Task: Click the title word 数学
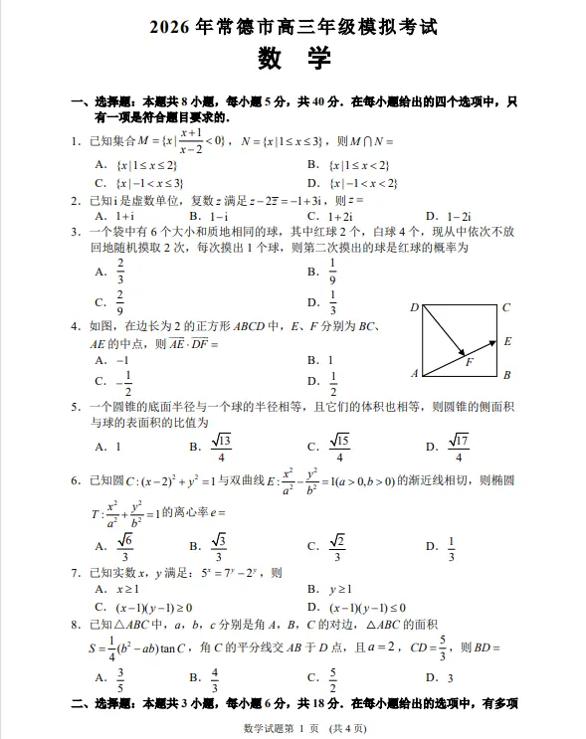point(293,59)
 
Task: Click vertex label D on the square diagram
point(414,307)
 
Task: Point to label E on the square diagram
point(506,341)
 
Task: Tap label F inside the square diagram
point(469,362)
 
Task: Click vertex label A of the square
point(414,374)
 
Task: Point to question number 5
point(76,406)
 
